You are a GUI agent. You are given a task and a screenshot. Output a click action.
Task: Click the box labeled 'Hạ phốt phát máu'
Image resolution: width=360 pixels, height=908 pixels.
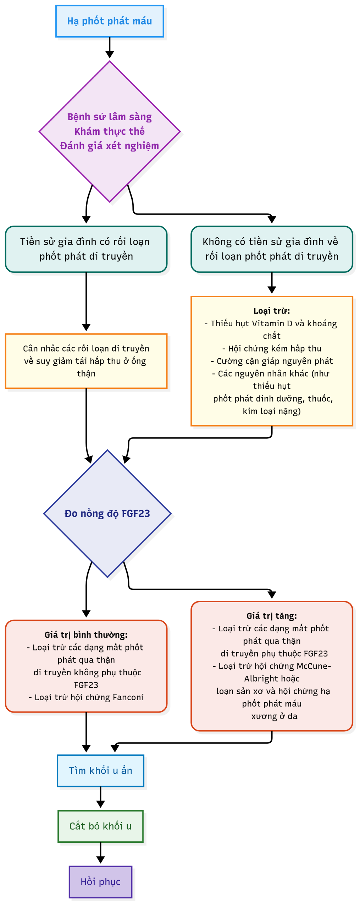(x=109, y=21)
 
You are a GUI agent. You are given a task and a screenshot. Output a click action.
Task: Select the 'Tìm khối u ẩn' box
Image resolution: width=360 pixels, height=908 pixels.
(x=100, y=771)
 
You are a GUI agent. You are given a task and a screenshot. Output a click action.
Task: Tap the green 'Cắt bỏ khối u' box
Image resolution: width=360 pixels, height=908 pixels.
(x=100, y=826)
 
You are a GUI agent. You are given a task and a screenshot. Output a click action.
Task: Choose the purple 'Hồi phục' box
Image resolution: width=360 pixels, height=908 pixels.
(x=100, y=882)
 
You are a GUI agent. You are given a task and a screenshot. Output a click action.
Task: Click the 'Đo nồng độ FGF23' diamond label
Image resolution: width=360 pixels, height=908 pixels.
(x=107, y=514)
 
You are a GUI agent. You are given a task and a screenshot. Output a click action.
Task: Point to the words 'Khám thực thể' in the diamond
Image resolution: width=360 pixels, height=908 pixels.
(x=109, y=132)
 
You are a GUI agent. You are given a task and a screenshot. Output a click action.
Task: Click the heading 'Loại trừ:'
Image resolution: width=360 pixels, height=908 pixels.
(x=272, y=311)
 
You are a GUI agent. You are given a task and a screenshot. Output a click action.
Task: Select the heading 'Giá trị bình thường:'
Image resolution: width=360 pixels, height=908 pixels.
(x=86, y=635)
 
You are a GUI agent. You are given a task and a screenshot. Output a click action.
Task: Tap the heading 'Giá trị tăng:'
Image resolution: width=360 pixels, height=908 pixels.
(x=272, y=616)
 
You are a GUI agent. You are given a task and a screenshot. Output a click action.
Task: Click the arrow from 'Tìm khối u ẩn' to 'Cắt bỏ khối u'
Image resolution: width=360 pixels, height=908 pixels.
(x=100, y=798)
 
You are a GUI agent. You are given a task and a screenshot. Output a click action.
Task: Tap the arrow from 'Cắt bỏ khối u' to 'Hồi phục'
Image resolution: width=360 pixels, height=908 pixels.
(x=100, y=853)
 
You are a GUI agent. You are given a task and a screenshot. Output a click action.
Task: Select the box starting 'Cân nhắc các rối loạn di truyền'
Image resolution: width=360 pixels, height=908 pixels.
(x=86, y=361)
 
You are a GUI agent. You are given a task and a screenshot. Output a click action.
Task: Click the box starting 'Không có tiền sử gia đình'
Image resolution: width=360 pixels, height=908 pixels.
(x=272, y=249)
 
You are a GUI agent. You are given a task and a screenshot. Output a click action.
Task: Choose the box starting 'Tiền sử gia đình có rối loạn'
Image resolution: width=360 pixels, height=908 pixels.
(x=86, y=249)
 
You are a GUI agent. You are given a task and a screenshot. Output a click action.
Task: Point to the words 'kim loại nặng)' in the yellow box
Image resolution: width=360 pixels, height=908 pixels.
(x=272, y=411)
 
